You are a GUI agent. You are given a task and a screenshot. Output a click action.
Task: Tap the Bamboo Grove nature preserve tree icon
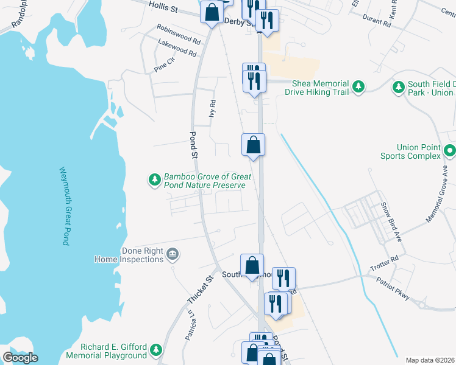coord(155,180)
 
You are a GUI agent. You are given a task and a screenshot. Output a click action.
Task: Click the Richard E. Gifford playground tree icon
coord(156,350)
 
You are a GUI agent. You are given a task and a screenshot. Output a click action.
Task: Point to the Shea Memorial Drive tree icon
coord(359,88)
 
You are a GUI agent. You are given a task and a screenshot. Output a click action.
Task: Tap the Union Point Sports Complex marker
coord(450,150)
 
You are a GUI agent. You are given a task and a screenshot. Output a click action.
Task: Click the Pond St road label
coord(194,145)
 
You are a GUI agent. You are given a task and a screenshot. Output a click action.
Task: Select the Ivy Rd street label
coord(212,108)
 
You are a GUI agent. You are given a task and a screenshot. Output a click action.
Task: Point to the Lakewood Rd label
coord(177,48)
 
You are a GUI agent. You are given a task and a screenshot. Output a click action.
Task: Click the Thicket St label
coord(199,290)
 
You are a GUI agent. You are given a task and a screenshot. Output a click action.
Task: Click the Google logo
coord(20,358)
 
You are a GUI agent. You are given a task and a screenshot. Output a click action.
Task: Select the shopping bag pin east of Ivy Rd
coord(253,145)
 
